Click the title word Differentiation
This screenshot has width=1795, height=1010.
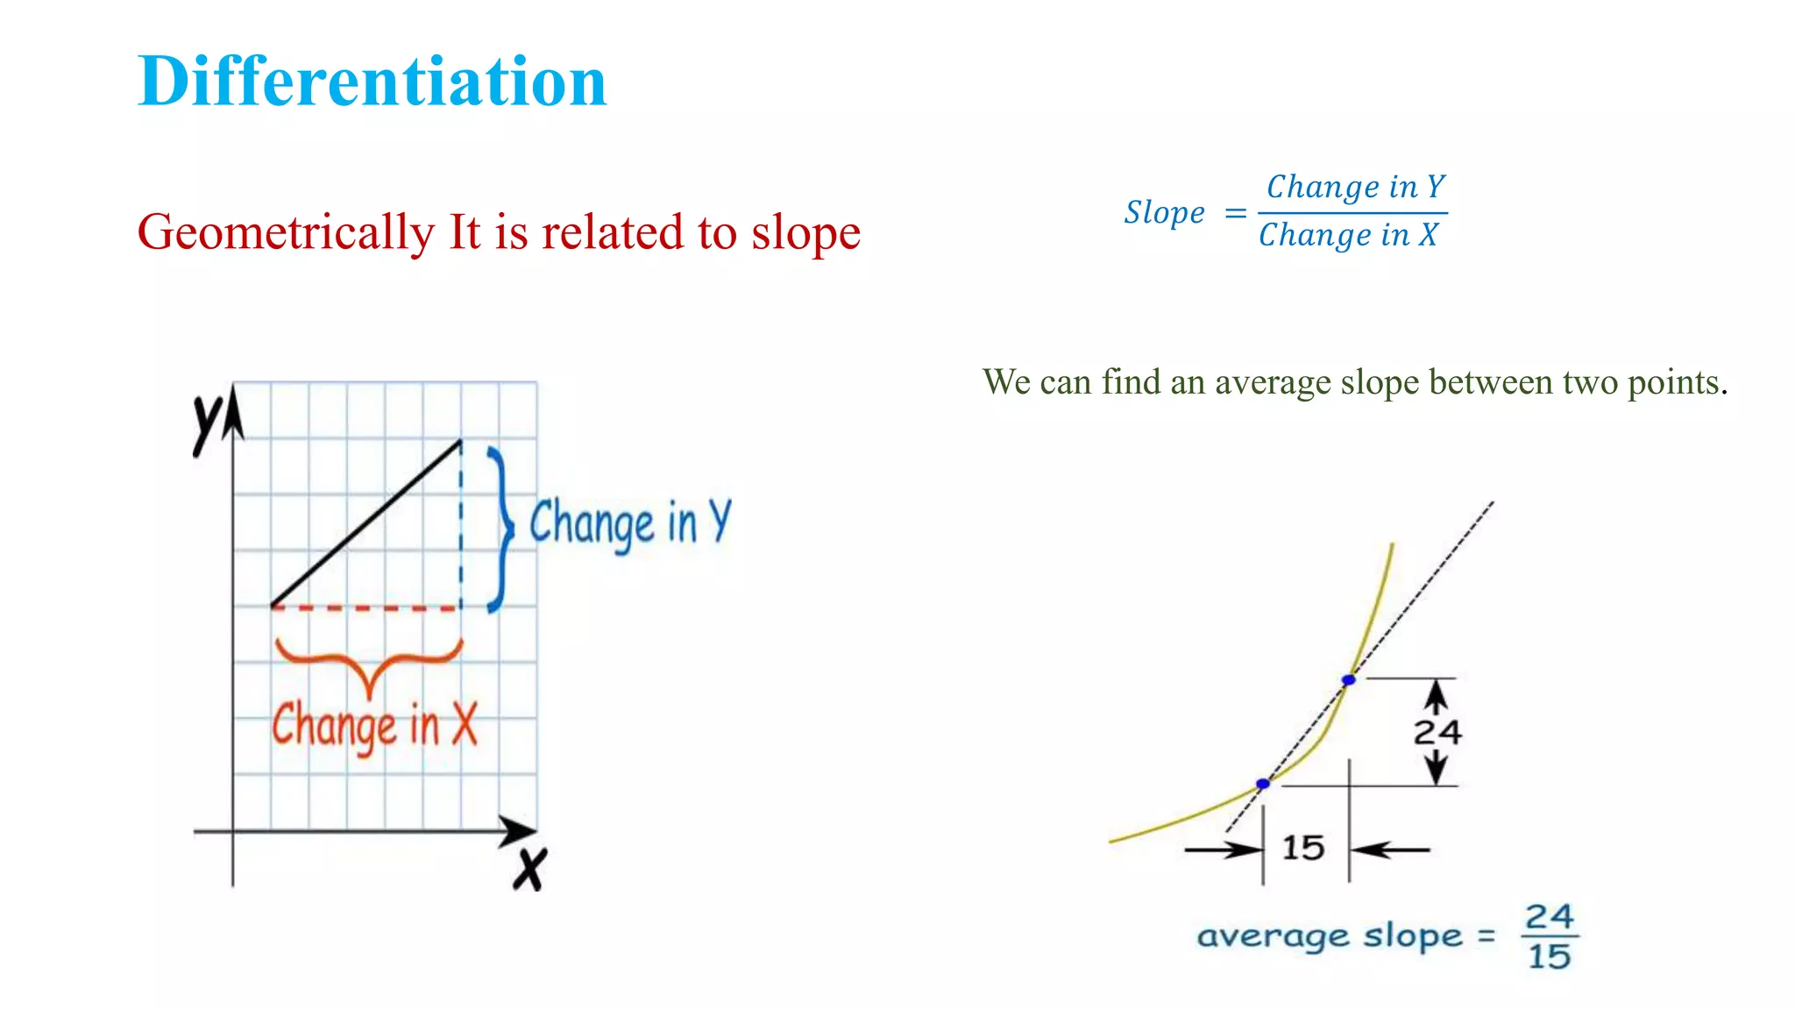[372, 82]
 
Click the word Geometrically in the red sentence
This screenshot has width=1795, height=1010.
[286, 233]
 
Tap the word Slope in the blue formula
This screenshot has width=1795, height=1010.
[1164, 213]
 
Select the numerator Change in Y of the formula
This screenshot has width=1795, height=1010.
[1355, 187]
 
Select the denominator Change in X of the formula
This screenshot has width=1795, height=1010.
[1348, 235]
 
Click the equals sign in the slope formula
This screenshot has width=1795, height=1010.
[1235, 213]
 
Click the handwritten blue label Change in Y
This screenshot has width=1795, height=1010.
[629, 523]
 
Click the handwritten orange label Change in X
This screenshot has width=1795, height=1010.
[374, 726]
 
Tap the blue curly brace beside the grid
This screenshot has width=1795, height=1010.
[500, 529]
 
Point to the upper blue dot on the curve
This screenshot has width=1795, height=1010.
[1349, 679]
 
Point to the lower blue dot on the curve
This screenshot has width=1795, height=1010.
[1262, 784]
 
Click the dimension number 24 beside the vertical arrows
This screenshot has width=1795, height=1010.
[1437, 732]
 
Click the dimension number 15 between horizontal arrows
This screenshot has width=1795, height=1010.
[1302, 848]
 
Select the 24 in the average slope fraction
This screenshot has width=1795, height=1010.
[1549, 917]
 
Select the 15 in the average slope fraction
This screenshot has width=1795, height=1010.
[1549, 957]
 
